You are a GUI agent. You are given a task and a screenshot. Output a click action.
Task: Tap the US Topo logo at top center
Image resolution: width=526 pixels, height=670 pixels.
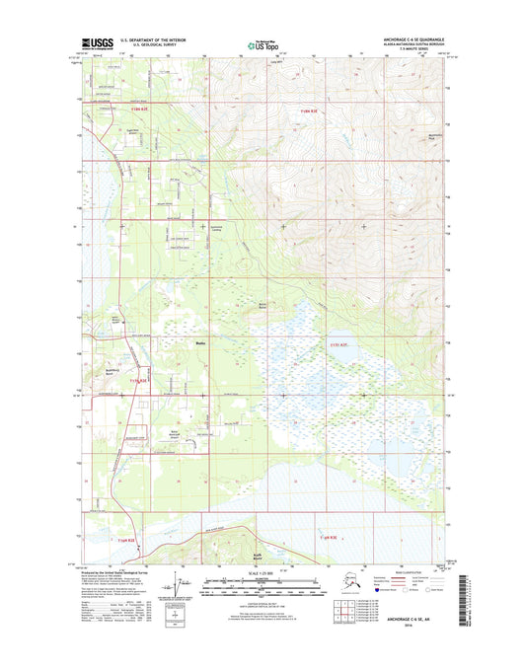tap(263, 44)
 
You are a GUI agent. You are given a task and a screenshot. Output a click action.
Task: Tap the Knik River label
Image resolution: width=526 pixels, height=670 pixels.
tap(279, 556)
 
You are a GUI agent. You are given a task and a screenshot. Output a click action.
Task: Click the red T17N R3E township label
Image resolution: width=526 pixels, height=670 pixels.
tap(336, 344)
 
